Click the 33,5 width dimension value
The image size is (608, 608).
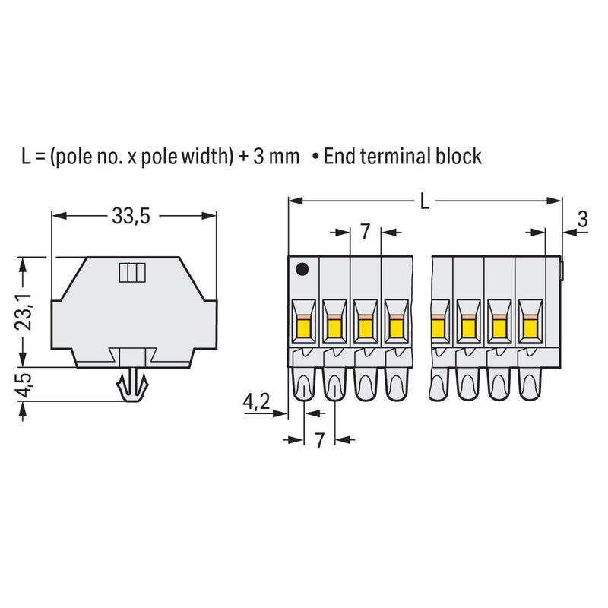131,216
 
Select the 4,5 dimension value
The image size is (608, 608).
24,385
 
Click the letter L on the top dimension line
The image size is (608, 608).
425,201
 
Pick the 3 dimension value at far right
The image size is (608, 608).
582,219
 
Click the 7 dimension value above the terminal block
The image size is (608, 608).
366,232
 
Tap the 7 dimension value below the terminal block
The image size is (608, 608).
318,440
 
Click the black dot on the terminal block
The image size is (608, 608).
302,269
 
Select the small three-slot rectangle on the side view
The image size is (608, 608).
132,273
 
